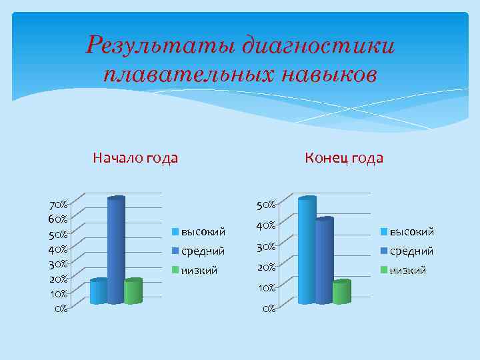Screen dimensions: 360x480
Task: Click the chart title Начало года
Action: (x=135, y=158)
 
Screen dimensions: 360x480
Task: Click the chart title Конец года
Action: (x=344, y=158)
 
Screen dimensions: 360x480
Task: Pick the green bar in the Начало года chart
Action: (x=133, y=291)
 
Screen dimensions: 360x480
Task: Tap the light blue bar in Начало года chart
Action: (x=98, y=291)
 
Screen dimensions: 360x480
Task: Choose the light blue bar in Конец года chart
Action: (x=307, y=251)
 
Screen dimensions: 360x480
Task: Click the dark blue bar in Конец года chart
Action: (x=324, y=261)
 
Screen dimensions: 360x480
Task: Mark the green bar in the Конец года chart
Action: (x=341, y=292)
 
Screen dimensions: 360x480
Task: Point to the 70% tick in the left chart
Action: (x=57, y=203)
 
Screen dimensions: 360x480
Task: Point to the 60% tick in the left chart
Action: (x=57, y=219)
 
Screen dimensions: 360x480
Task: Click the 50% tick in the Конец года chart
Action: (x=266, y=203)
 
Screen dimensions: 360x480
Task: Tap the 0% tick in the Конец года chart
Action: (x=268, y=309)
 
